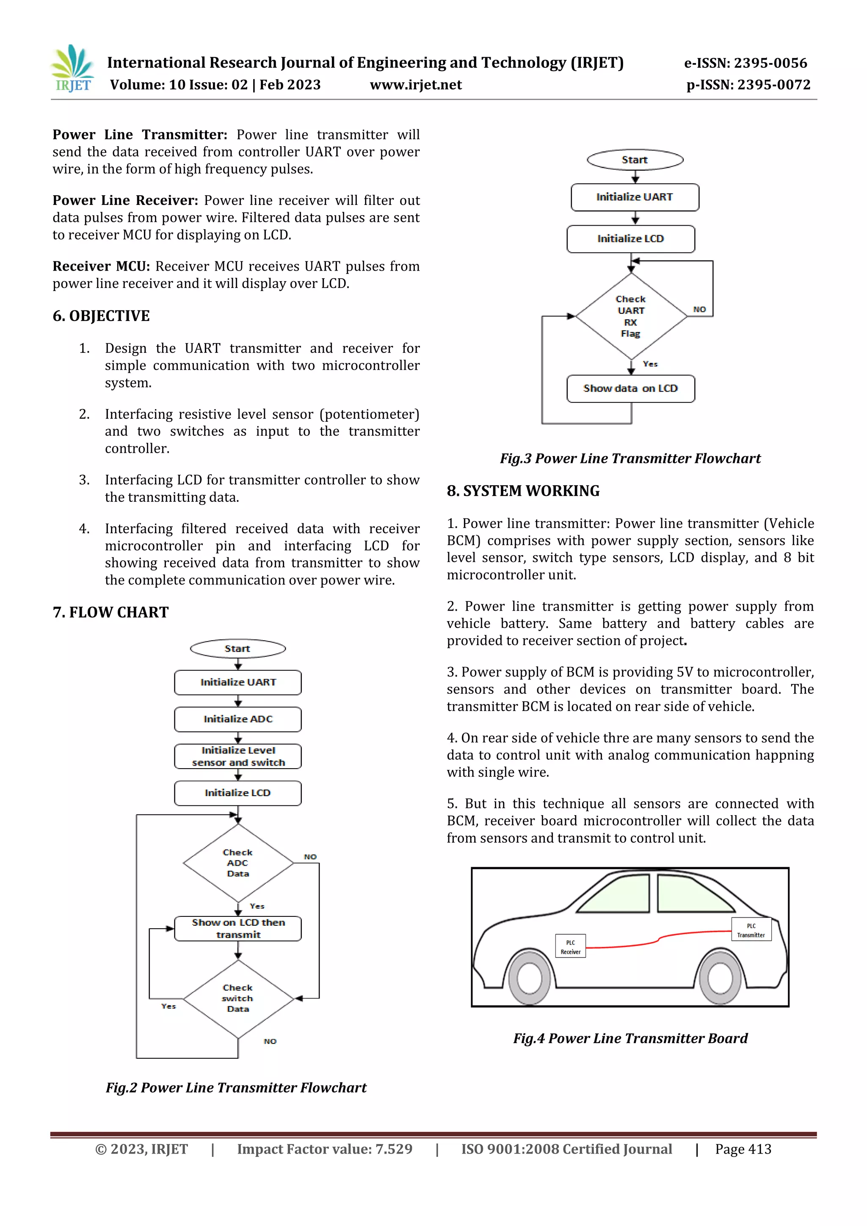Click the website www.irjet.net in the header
tap(415, 85)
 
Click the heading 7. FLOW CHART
tap(110, 612)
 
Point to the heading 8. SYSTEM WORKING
tap(523, 491)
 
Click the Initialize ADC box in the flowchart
tap(237, 719)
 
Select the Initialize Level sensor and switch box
tap(237, 756)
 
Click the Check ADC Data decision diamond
tap(238, 863)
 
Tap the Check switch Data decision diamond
tap(238, 999)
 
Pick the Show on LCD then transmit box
tap(238, 929)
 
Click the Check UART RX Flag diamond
tap(631, 316)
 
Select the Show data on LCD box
tap(630, 388)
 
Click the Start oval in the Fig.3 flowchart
tap(634, 160)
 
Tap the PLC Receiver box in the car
tap(570, 946)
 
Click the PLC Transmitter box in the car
tap(751, 929)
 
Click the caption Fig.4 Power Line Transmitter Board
tap(630, 1038)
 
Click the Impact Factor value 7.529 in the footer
tap(325, 1149)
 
